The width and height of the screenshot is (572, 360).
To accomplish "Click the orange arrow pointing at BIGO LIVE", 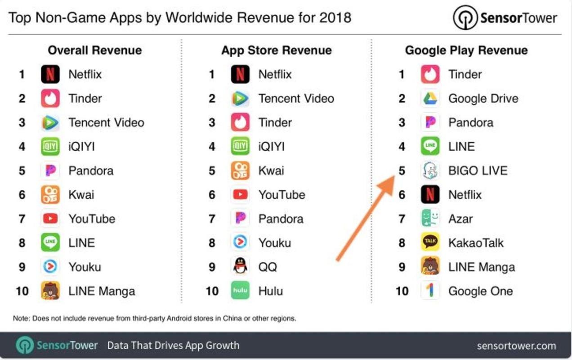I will coord(365,219).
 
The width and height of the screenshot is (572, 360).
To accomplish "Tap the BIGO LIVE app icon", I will coord(430,171).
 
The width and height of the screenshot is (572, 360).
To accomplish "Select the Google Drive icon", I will coord(430,99).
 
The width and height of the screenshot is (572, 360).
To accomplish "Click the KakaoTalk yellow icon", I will coord(430,243).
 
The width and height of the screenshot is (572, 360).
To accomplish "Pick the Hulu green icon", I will coord(240,291).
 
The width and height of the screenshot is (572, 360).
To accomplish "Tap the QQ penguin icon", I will coord(240,267).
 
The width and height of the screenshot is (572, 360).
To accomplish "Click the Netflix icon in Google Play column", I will coord(430,195).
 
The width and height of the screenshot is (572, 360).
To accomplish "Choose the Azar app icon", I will coord(430,219).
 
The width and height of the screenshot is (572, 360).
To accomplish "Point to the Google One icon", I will coord(430,291).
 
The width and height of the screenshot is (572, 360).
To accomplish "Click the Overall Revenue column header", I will coord(94,50).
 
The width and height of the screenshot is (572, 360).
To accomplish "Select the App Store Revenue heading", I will coord(276,50).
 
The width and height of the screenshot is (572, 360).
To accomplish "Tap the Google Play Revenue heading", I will coord(466,50).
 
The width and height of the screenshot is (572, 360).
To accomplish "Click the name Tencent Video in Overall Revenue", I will coord(106,122).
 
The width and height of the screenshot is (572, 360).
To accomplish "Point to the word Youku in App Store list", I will coord(274,243).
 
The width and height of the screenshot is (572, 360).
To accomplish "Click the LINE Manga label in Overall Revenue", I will coord(102,291).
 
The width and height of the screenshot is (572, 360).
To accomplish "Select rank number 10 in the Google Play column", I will coord(402,291).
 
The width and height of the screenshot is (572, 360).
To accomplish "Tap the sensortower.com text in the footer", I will coord(516,346).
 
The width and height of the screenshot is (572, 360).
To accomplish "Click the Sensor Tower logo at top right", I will coord(505,18).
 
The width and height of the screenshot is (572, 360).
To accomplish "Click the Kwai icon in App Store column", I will coord(240,171).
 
